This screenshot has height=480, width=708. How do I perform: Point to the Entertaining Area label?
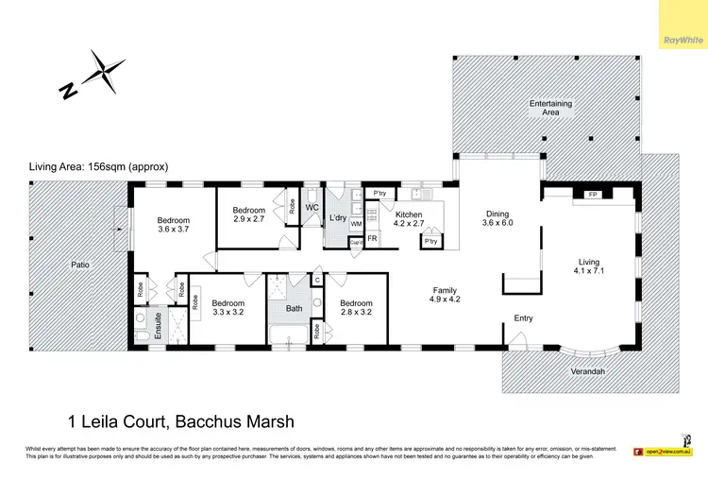click(x=550, y=108)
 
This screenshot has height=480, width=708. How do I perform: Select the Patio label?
click(x=79, y=265)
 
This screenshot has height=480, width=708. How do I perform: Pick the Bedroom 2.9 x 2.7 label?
click(x=248, y=214)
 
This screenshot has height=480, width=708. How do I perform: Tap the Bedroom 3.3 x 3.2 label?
click(x=228, y=307)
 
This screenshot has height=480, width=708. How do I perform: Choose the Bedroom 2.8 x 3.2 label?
click(x=356, y=308)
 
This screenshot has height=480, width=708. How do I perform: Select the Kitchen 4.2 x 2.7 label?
click(x=408, y=220)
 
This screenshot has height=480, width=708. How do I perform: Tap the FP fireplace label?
click(x=592, y=195)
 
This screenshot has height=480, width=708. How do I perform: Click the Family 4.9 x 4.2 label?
click(x=446, y=296)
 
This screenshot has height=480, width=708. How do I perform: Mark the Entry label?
click(x=523, y=318)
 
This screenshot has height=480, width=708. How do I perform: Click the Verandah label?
click(x=587, y=371)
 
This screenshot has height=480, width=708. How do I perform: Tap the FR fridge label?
click(x=372, y=239)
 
